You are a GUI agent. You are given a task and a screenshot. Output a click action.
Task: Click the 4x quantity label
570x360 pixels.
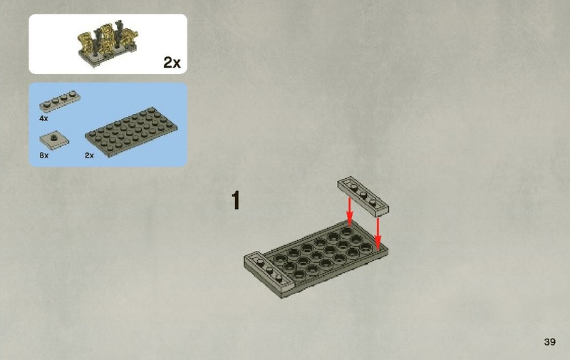[43, 118]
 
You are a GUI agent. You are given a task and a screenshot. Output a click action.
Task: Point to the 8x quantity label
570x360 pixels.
[43, 155]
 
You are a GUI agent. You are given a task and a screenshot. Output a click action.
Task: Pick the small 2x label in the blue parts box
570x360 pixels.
[89, 155]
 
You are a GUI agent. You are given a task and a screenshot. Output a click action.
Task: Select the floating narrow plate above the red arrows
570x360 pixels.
[363, 195]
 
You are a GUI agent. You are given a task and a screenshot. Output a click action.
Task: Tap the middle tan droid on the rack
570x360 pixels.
[108, 39]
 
